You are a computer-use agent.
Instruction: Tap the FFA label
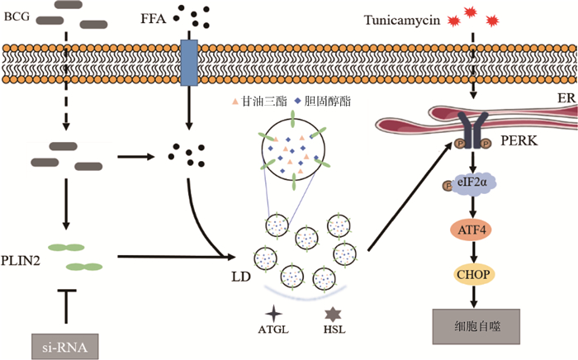click(155, 16)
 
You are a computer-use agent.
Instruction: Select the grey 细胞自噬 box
click(472, 325)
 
